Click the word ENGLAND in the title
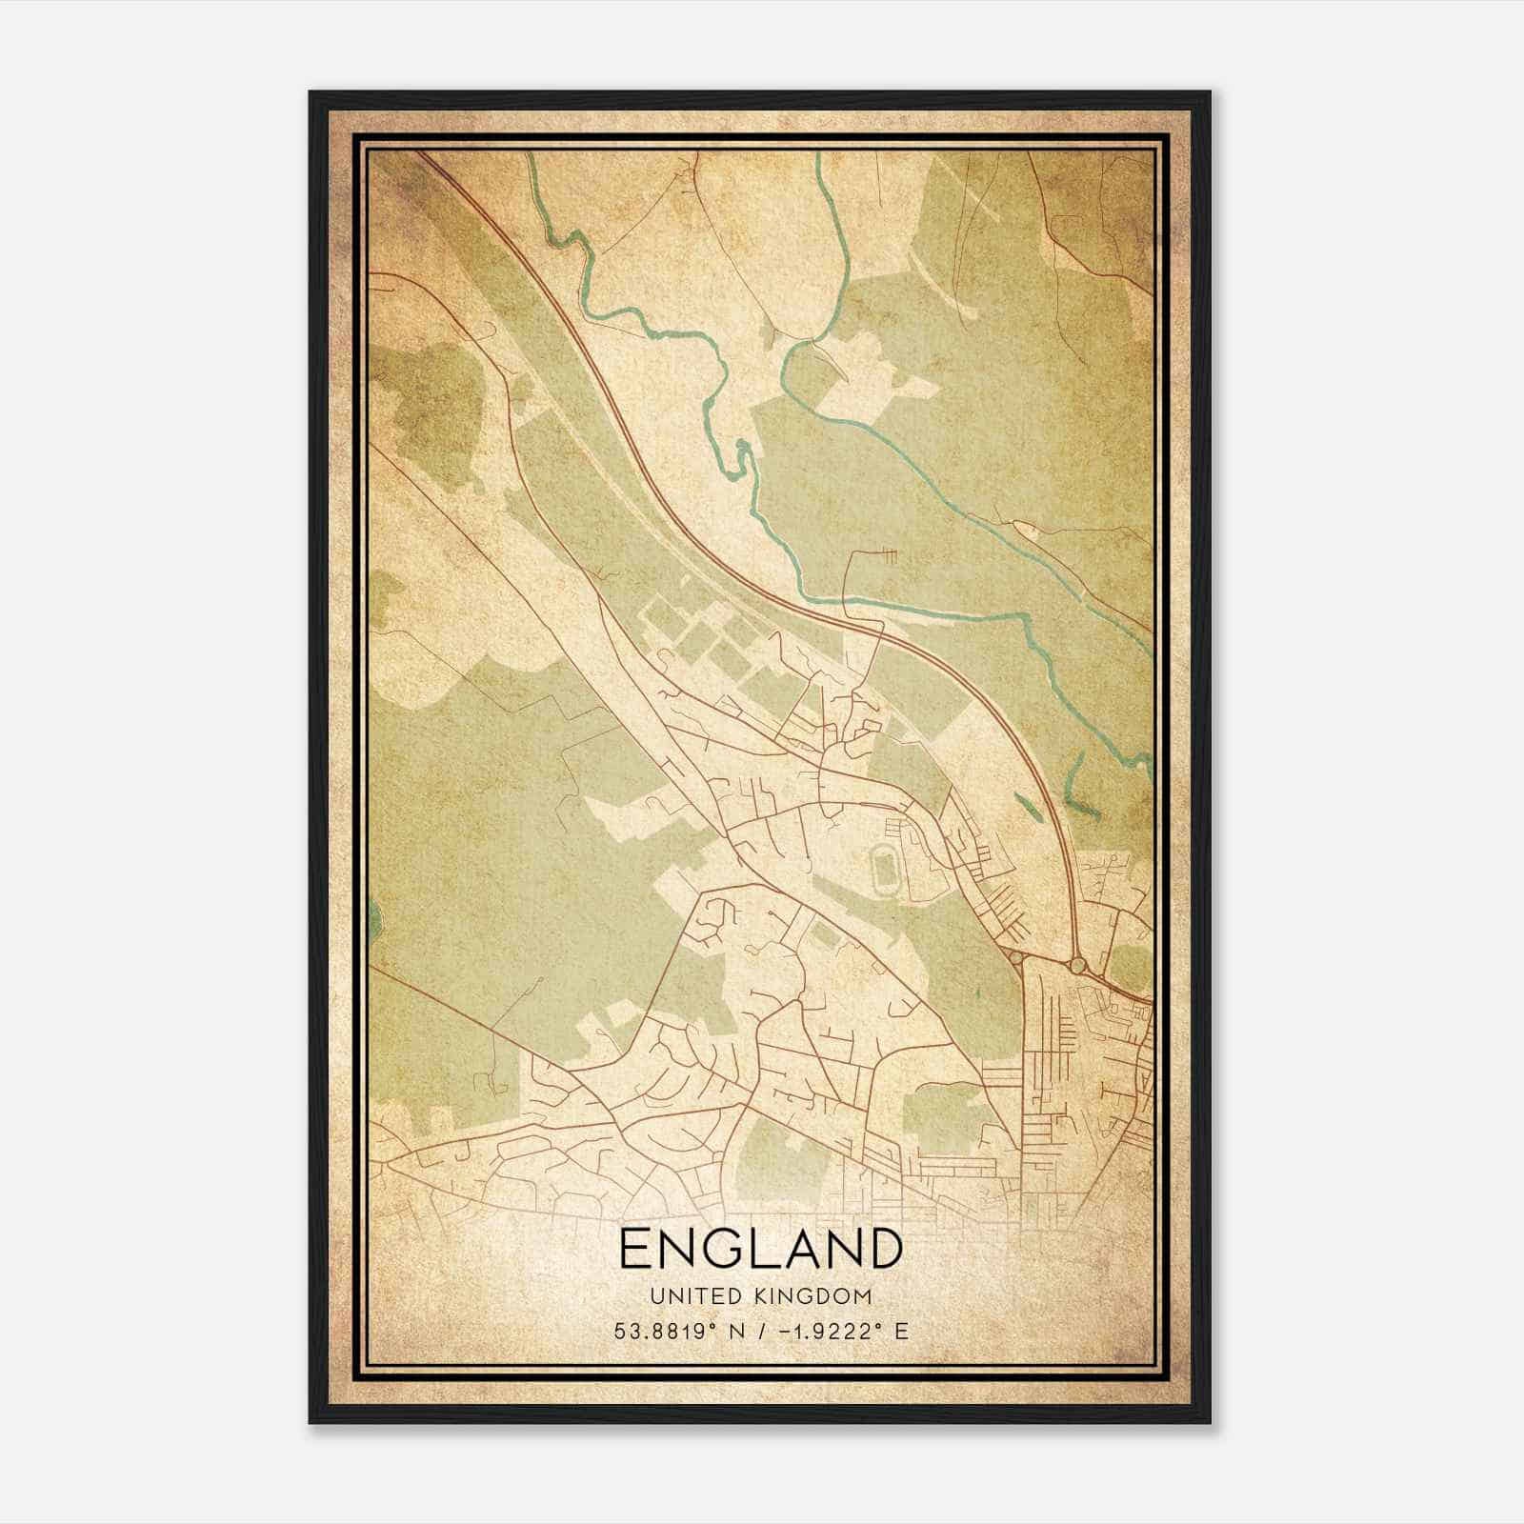760,1249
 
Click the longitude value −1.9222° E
844,1331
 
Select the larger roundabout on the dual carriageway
1077,966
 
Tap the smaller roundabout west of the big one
1016,958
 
